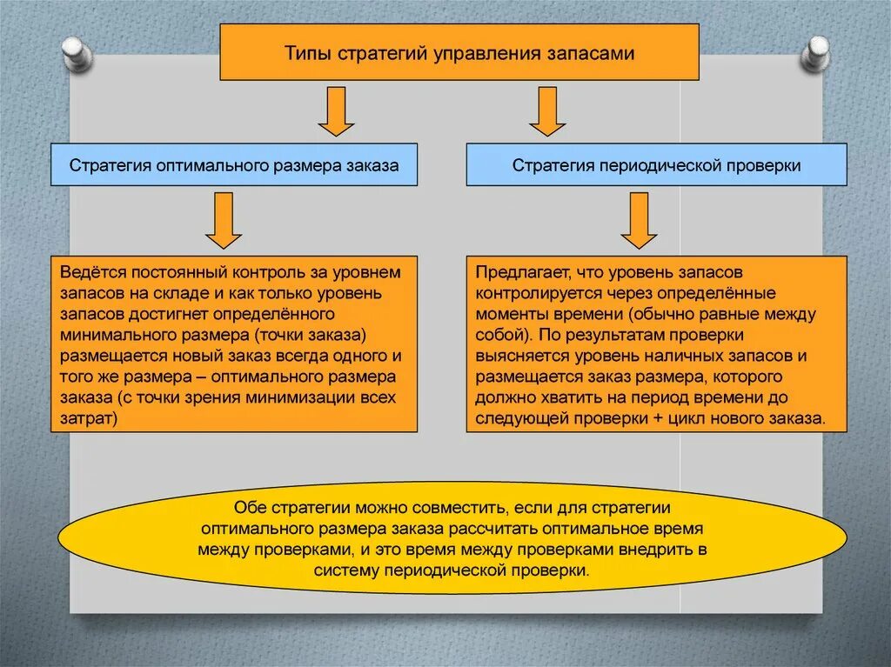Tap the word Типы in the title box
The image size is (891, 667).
click(x=305, y=53)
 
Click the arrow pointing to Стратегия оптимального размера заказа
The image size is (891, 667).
click(x=336, y=110)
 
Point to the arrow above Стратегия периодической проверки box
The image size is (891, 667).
click(x=548, y=110)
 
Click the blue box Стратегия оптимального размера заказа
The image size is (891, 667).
click(x=234, y=165)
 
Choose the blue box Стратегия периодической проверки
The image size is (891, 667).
click(x=656, y=165)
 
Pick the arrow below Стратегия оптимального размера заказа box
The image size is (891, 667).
click(x=224, y=219)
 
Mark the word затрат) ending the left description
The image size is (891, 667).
click(x=89, y=418)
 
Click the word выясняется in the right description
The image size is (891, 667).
click(x=514, y=356)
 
